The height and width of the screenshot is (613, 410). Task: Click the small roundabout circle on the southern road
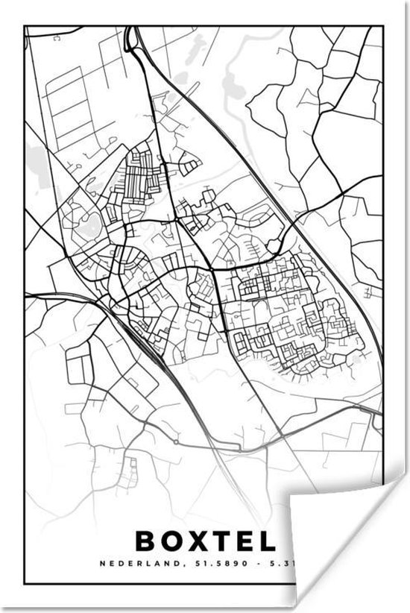click(x=175, y=441)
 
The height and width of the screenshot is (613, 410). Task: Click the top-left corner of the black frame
click(x=25, y=27)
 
